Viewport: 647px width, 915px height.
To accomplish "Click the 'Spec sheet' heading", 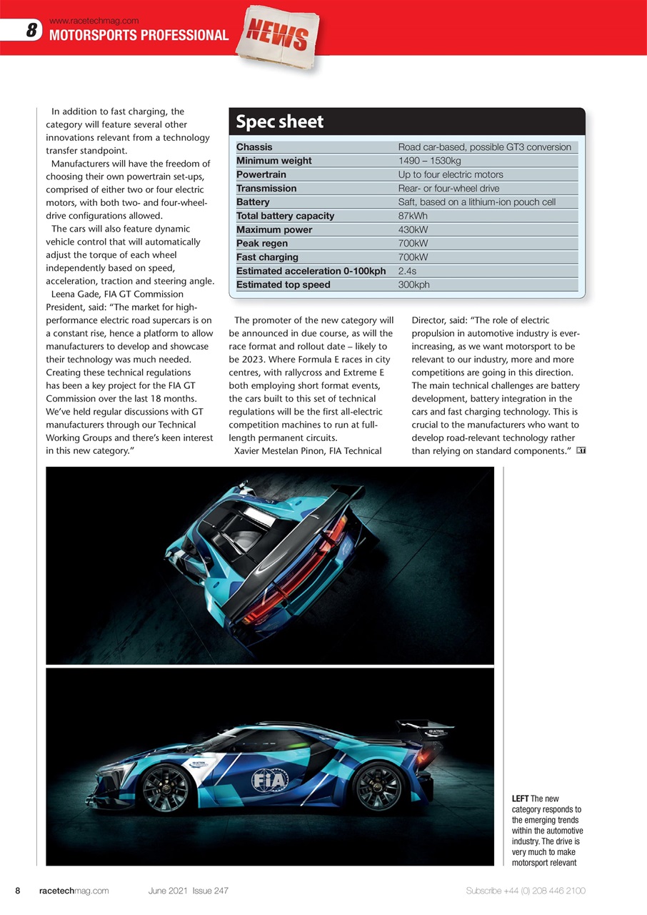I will [280, 122].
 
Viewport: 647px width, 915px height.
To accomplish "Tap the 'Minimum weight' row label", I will [274, 161].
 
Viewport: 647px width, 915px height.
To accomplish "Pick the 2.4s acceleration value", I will [407, 271].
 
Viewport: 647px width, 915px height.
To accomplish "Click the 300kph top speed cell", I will [413, 285].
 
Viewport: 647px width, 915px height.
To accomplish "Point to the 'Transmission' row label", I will [266, 188].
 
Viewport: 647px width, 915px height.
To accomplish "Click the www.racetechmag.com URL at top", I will [94, 21].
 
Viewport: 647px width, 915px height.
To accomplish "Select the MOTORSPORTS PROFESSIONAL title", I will [139, 36].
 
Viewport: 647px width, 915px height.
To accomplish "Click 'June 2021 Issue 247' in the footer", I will [189, 891].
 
